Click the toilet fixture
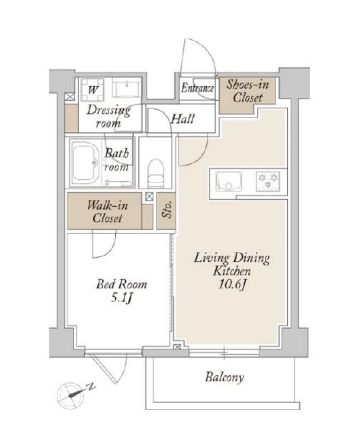[x=155, y=173]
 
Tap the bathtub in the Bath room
[x=87, y=163]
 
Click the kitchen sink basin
[x=228, y=181]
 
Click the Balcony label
[x=224, y=377]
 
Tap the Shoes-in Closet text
[x=248, y=91]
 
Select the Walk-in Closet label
[x=107, y=212]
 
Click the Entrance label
[x=197, y=88]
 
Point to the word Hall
[x=183, y=119]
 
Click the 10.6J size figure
[x=232, y=285]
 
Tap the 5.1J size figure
[x=122, y=298]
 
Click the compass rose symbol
[x=70, y=395]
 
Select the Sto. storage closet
[x=166, y=211]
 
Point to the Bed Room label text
[x=122, y=284]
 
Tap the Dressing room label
[x=109, y=117]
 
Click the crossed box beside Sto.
[x=149, y=196]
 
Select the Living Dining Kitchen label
[x=232, y=264]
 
